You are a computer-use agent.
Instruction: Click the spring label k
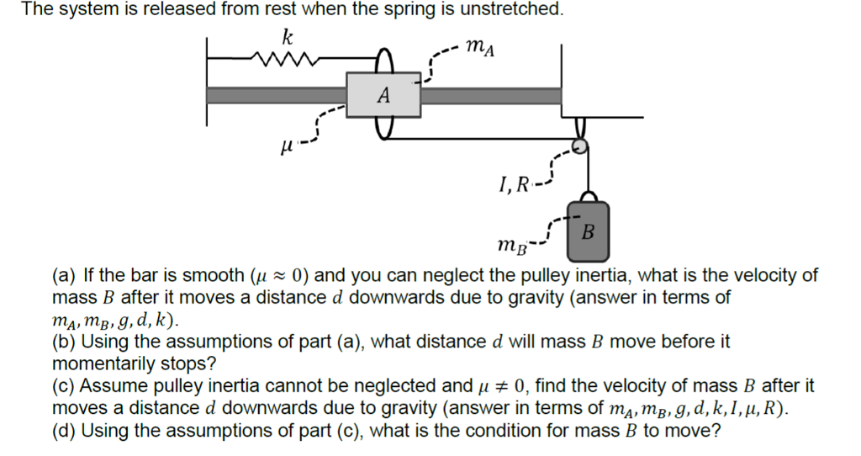pos(288,38)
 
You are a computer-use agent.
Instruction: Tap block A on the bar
pos(383,95)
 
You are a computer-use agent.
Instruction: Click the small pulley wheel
pos(578,146)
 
